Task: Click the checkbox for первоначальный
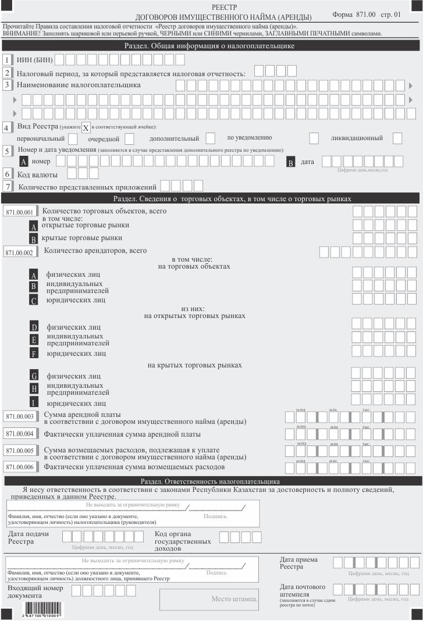click(73, 139)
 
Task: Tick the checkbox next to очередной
click(129, 139)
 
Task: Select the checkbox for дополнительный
click(211, 138)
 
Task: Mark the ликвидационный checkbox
click(397, 138)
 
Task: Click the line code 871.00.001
click(20, 213)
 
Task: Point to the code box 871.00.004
click(20, 434)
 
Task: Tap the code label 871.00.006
click(20, 467)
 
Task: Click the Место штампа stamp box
click(234, 599)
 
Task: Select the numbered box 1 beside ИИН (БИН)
click(8, 60)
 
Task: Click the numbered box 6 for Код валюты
click(8, 173)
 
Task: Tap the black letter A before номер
click(24, 162)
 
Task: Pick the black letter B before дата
click(290, 162)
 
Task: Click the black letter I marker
click(34, 402)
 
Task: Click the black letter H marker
click(34, 388)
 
